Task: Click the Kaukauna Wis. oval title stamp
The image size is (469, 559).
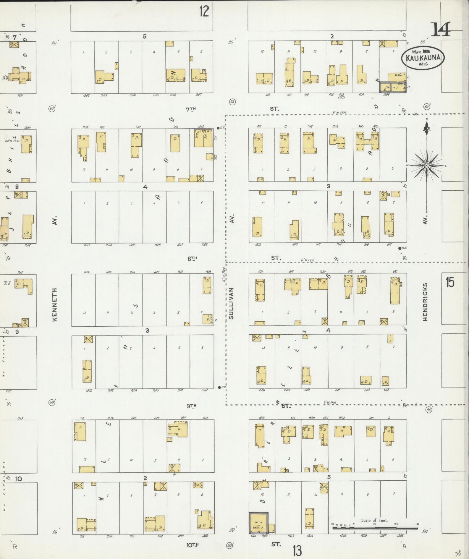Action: (x=423, y=58)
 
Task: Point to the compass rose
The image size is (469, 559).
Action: (x=426, y=166)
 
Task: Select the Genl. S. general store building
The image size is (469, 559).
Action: (x=258, y=523)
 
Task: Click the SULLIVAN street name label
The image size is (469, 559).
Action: (x=231, y=303)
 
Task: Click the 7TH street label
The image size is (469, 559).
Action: (x=191, y=109)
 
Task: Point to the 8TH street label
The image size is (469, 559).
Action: (x=192, y=259)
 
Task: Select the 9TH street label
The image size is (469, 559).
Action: (x=191, y=406)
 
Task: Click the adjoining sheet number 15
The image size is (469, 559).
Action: (x=449, y=283)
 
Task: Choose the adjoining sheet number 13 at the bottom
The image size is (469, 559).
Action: (x=297, y=550)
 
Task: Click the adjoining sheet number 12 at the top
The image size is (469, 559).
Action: (x=204, y=12)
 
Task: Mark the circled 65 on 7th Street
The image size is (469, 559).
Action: (x=232, y=102)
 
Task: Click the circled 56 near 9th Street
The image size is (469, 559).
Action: (x=429, y=409)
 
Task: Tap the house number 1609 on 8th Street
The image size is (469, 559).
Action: (x=258, y=245)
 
